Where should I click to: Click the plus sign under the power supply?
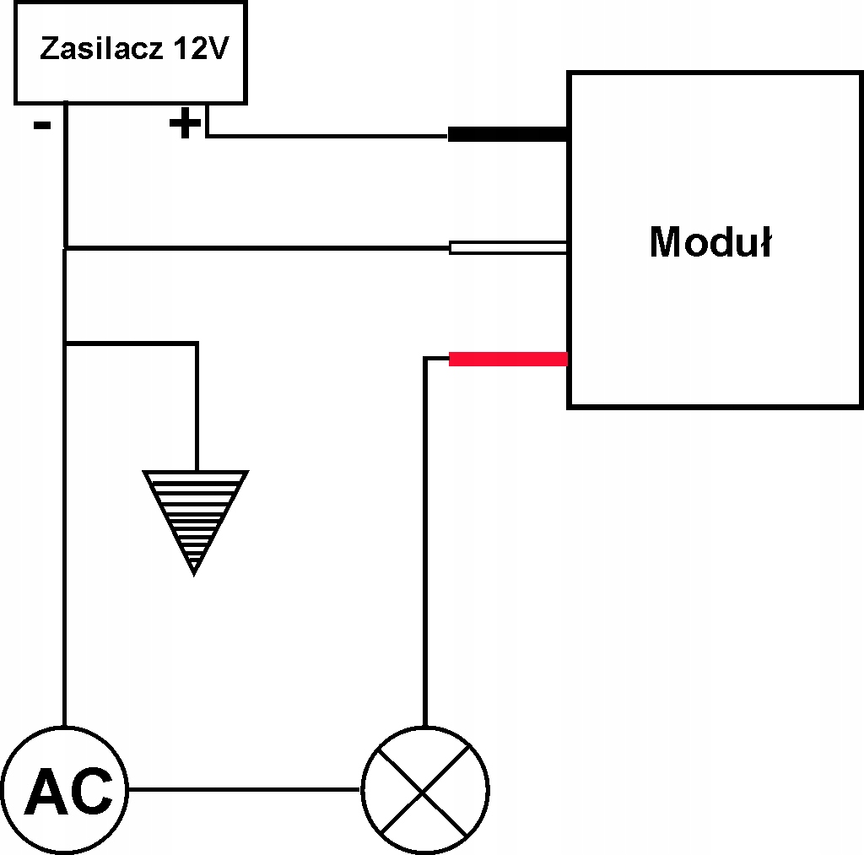coord(185,125)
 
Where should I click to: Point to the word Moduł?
coord(710,242)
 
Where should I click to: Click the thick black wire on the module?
coord(506,134)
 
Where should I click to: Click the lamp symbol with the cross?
coord(425,790)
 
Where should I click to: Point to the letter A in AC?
coord(45,792)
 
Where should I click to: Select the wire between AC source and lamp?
coord(244,790)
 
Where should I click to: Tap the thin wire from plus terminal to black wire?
coord(329,135)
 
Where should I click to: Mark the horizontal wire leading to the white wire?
coord(253,248)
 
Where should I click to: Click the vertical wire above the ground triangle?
coord(197,405)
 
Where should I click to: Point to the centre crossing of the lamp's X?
coord(425,790)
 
